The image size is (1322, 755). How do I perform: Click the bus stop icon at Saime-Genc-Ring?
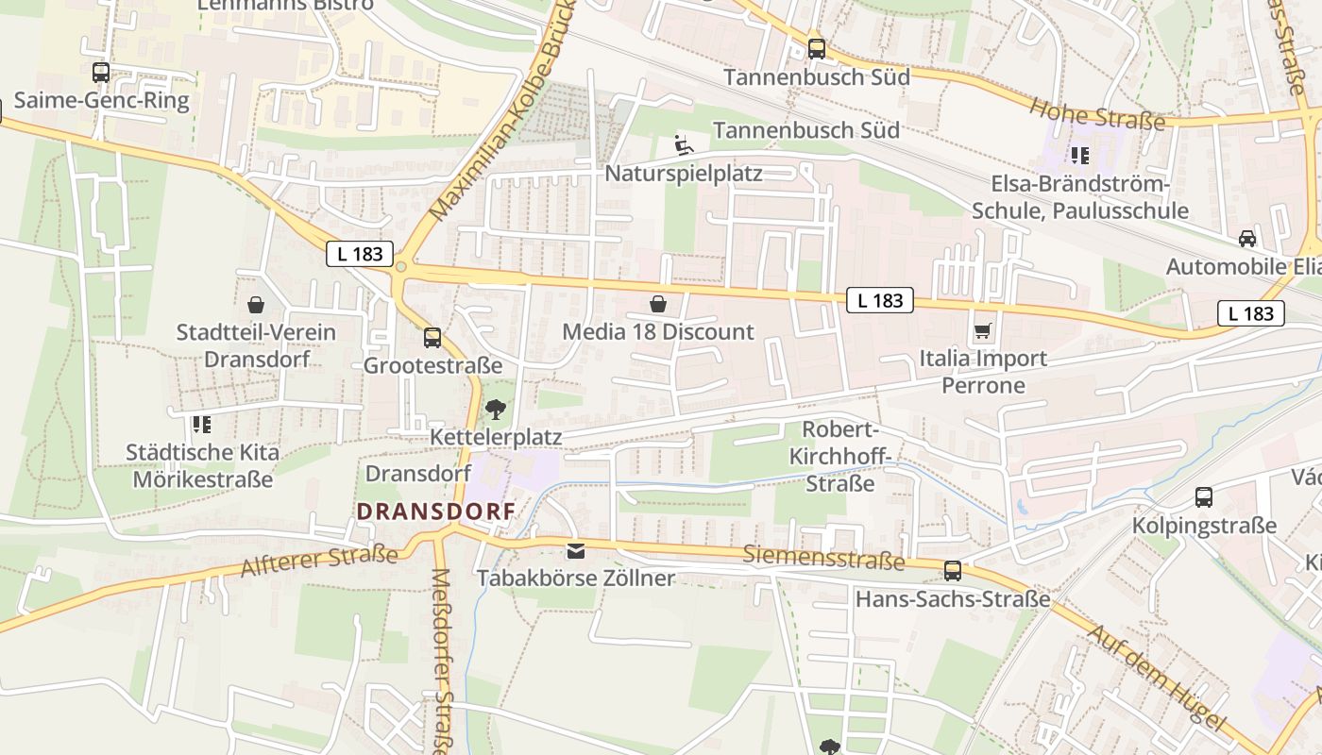coord(100,72)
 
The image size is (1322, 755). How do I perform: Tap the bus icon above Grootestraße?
coord(432,337)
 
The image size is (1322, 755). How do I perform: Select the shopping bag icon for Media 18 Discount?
coord(658,304)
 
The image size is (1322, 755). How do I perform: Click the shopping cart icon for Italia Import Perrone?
coord(983,331)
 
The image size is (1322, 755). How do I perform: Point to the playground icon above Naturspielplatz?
coord(683,145)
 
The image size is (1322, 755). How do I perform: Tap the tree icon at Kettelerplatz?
coord(495,410)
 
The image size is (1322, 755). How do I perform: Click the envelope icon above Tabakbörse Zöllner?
coord(575,550)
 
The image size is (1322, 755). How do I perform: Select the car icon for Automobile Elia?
coord(1247,239)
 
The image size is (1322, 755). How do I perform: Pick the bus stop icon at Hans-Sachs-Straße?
coord(953,570)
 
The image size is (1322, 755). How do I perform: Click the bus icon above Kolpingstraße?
coord(1203,497)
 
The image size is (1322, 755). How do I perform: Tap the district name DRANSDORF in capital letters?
coord(436,512)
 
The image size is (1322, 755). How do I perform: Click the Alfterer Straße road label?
coord(319,561)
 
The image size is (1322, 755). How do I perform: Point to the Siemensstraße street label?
coord(823,557)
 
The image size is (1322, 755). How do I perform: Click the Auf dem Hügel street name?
coord(1156,676)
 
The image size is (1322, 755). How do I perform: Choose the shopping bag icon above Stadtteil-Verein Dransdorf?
coord(255,305)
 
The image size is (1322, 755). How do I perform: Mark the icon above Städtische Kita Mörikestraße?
coord(201,425)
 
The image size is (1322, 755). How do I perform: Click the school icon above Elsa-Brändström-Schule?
coord(1079,155)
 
